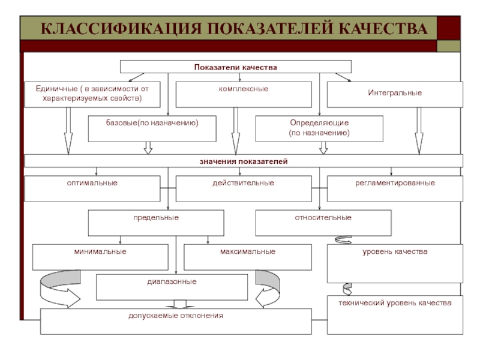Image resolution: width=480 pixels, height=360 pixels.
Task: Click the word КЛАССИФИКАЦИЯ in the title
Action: pyautogui.click(x=121, y=28)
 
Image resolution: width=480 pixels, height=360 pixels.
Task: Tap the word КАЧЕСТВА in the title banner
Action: pyautogui.click(x=383, y=28)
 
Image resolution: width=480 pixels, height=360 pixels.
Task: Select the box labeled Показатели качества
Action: pyautogui.click(x=236, y=67)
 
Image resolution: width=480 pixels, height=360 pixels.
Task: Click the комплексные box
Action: pyautogui.click(x=244, y=94)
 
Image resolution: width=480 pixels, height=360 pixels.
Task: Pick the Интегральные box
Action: pyautogui.click(x=395, y=94)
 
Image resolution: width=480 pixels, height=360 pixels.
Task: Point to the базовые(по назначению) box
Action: pyautogui.click(x=152, y=128)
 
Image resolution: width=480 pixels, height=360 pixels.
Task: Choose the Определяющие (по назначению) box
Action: pyautogui.click(x=319, y=128)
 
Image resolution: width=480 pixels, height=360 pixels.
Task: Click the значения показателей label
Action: pyautogui.click(x=244, y=161)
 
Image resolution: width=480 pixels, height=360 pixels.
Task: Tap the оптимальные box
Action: pyautogui.click(x=92, y=188)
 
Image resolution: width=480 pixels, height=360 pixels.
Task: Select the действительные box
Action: pyautogui.click(x=244, y=188)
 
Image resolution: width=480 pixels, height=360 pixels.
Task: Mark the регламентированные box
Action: pyautogui.click(x=395, y=188)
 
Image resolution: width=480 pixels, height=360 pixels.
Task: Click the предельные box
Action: pyautogui.click(x=156, y=223)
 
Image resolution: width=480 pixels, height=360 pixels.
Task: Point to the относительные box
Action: pyautogui.click(x=323, y=223)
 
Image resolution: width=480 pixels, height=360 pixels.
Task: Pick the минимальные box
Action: pyautogui.click(x=100, y=257)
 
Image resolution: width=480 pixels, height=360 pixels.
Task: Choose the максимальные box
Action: pyautogui.click(x=248, y=257)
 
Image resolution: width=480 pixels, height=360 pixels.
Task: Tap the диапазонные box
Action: pyautogui.click(x=172, y=287)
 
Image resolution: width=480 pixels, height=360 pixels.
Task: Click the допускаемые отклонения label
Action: pyautogui.click(x=176, y=316)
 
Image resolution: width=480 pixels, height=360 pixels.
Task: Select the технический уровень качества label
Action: pyautogui.click(x=395, y=303)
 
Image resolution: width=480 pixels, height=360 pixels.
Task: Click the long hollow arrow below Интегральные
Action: pyautogui.click(x=419, y=131)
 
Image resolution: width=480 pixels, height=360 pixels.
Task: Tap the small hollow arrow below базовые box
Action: pyautogui.click(x=148, y=148)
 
